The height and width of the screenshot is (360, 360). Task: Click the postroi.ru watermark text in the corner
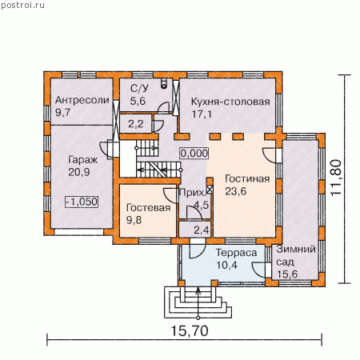[x=22, y=5]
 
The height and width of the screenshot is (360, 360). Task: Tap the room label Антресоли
[x=82, y=100]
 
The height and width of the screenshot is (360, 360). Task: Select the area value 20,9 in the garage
[x=78, y=172]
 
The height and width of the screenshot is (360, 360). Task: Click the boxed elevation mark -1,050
[x=82, y=202]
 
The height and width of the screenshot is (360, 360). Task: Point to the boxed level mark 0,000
[x=194, y=154]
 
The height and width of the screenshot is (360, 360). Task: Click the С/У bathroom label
[x=139, y=89]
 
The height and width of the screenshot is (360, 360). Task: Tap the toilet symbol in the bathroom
[x=164, y=83]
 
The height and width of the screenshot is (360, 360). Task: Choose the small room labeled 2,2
[x=136, y=124]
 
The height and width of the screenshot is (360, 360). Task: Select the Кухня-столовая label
[x=230, y=102]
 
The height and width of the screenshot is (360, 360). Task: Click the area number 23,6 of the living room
[x=236, y=191]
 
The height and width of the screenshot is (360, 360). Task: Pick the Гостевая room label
[x=148, y=207]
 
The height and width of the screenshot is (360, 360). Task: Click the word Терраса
[x=236, y=253]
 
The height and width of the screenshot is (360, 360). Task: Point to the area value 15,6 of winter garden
[x=287, y=274]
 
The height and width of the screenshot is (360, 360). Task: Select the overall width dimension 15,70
[x=190, y=331]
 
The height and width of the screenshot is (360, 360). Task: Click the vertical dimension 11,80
[x=336, y=178]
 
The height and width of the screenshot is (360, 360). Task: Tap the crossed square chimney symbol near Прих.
[x=210, y=190]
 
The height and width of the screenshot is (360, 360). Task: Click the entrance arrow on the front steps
[x=198, y=303]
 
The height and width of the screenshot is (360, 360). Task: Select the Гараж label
[x=83, y=160]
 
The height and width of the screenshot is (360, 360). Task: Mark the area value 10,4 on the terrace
[x=226, y=266]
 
